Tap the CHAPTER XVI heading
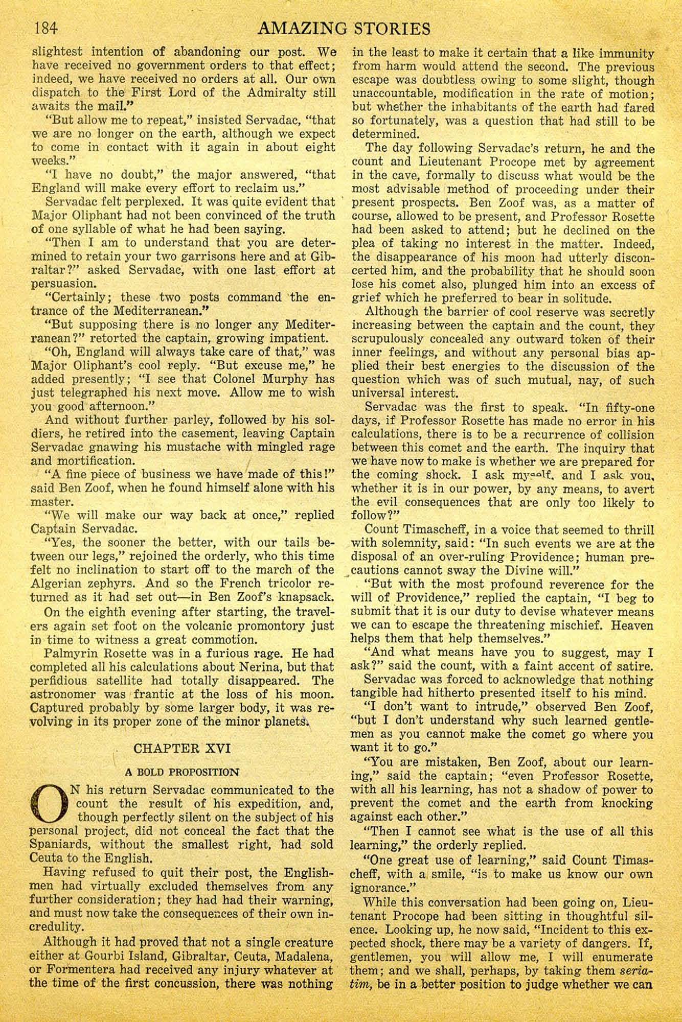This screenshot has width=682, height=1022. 181,749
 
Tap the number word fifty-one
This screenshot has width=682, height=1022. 625,407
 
